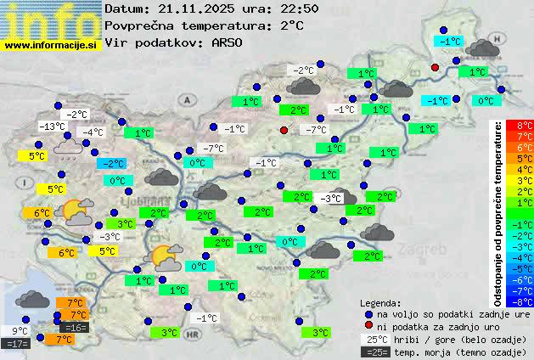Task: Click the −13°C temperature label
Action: click(52, 127)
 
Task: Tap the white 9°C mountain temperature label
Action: click(20, 331)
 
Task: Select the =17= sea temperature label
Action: click(17, 344)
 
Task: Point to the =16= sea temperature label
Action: click(75, 328)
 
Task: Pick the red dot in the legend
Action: click(368, 327)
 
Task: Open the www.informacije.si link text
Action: click(51, 44)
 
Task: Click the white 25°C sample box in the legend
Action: click(375, 340)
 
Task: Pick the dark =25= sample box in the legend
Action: click(375, 352)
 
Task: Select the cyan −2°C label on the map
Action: click(111, 164)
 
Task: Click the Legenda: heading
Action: click(380, 302)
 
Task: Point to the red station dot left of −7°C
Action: click(284, 130)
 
